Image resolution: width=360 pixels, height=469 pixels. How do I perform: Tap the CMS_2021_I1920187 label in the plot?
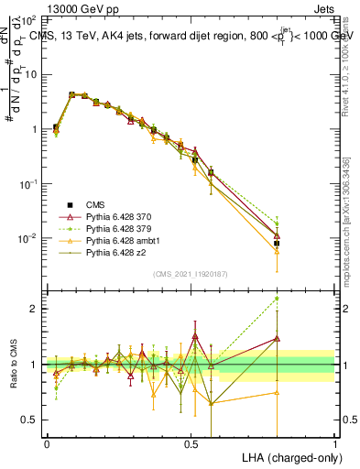pos(191,274)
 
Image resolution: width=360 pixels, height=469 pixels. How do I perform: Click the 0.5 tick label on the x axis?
pos(191,443)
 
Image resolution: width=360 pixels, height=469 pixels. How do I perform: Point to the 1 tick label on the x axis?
pos(335,443)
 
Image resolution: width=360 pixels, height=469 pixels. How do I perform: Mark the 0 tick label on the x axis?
pos(47,443)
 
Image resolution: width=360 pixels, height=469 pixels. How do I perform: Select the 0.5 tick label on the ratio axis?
pos(30,420)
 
